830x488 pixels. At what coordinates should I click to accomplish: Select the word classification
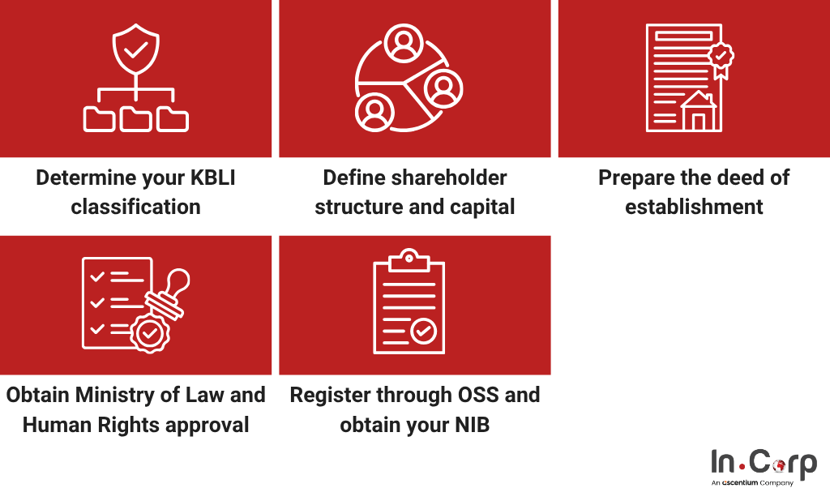tap(135, 207)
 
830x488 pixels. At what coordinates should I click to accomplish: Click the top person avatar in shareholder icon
tap(403, 43)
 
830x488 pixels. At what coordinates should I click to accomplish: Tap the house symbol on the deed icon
tap(699, 111)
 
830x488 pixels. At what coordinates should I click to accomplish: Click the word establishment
tap(694, 207)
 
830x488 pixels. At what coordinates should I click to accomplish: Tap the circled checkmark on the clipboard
tap(422, 330)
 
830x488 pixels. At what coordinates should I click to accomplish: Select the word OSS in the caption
tap(476, 395)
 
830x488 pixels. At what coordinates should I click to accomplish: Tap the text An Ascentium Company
tap(751, 482)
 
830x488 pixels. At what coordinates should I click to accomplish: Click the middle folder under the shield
tap(135, 119)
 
